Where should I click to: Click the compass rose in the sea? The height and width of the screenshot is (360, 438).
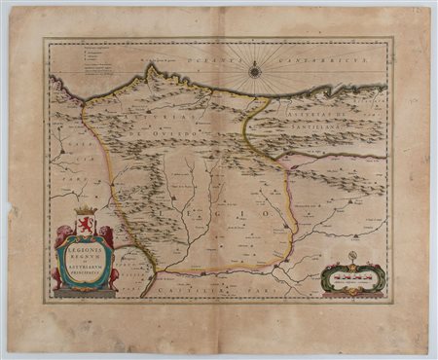pyautogui.click(x=255, y=70)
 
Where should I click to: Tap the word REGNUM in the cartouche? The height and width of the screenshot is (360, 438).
pyautogui.click(x=84, y=258)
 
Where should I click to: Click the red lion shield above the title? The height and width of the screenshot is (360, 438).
pyautogui.click(x=84, y=226)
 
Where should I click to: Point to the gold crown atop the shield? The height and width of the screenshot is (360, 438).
pyautogui.click(x=84, y=211)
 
